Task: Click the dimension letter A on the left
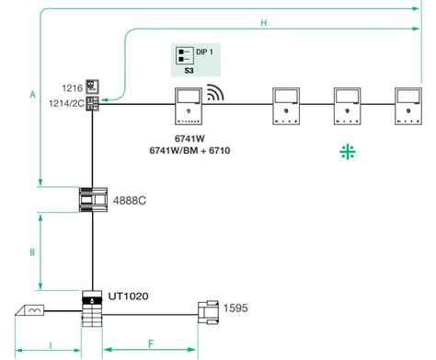click(x=31, y=94)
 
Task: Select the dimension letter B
click(x=31, y=250)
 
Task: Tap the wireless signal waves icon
click(x=216, y=93)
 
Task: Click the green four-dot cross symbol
click(x=346, y=153)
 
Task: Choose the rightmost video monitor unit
click(x=408, y=105)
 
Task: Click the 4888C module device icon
click(x=92, y=199)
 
